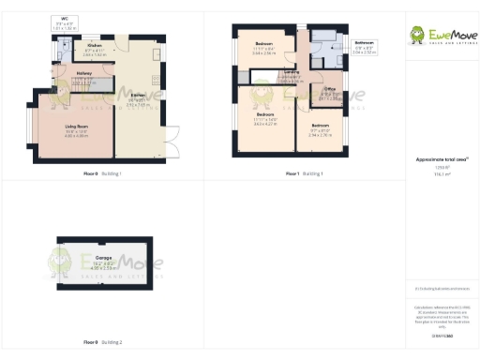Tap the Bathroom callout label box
(365, 47)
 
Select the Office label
(330, 95)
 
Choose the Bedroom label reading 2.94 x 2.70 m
(321, 131)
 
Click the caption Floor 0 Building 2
(102, 342)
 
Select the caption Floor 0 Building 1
(102, 174)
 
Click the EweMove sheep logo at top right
(418, 36)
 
